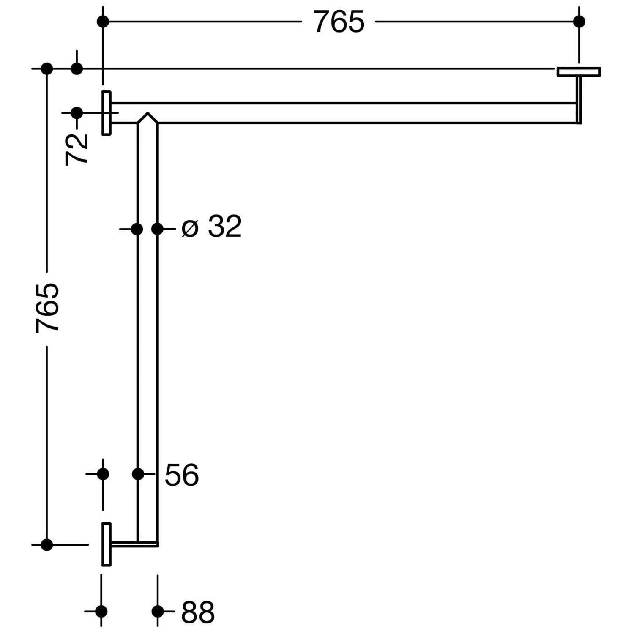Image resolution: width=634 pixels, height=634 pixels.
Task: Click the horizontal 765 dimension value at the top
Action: [x=339, y=22]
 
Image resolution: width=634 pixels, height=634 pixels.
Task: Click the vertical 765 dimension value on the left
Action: [x=47, y=308]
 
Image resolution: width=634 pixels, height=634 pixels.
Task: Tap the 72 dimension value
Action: [x=77, y=149]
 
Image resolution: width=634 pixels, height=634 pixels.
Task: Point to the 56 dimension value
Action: [x=182, y=475]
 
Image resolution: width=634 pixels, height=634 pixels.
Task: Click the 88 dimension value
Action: [x=198, y=612]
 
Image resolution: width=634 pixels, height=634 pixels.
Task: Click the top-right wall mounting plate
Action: [x=579, y=72]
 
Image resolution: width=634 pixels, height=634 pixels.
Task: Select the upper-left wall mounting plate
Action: [x=107, y=113]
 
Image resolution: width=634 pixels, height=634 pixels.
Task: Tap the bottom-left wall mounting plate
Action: [x=107, y=544]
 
